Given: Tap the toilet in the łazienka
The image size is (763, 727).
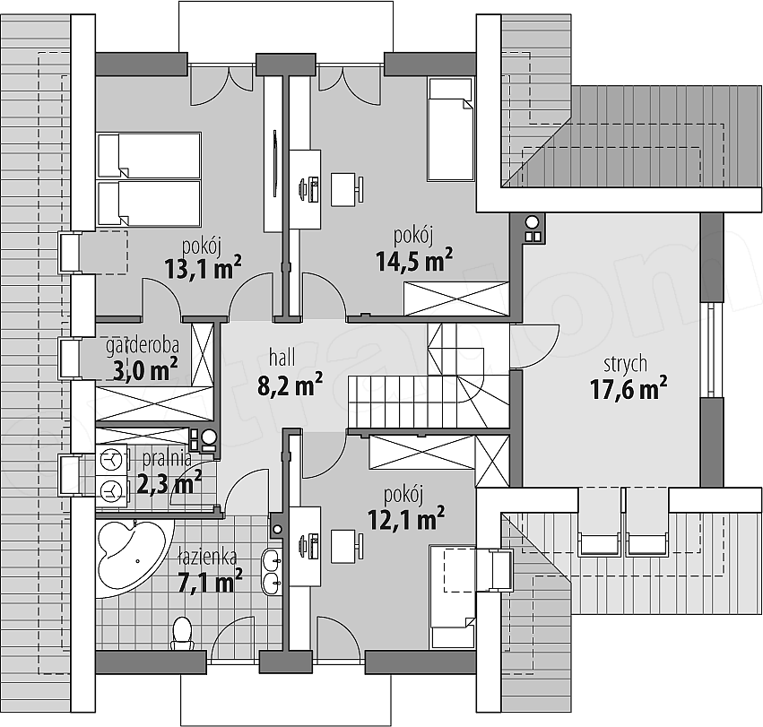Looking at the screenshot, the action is tap(183, 633).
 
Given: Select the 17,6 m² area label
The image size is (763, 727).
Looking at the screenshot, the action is tap(629, 389).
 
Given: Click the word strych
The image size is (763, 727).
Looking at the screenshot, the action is tap(625, 364).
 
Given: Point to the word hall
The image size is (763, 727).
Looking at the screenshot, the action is tap(282, 359).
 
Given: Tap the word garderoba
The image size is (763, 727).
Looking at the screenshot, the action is tap(142, 347).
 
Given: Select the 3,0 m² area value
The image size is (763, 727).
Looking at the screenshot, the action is tap(145, 369).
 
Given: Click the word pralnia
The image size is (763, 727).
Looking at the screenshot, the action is tap(167, 458).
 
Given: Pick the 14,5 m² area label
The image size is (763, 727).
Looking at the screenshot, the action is tap(414, 260).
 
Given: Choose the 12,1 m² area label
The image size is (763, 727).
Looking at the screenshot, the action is tap(406, 519).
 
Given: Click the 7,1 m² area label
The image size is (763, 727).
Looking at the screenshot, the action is tap(210, 582).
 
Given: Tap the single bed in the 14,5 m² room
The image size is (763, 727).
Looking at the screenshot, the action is tap(451, 129).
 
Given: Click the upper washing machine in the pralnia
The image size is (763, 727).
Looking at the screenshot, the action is tap(113, 460).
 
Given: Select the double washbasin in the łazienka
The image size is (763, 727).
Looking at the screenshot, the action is tap(272, 572).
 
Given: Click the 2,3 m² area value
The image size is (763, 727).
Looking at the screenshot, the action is tap(169, 482).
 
